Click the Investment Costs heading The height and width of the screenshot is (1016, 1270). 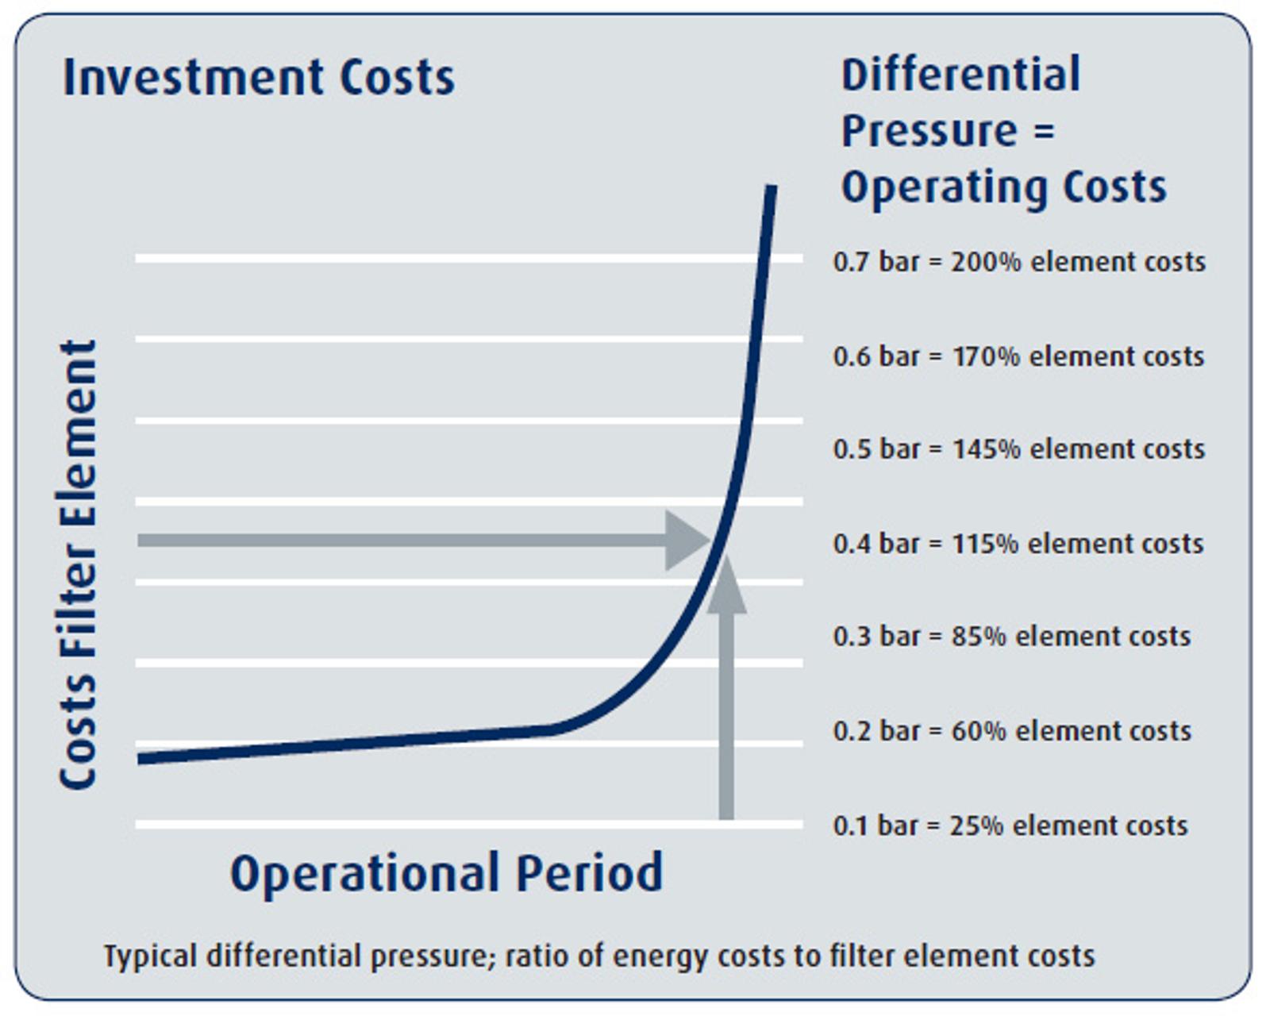[x=259, y=77]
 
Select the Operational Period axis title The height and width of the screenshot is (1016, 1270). [x=446, y=873]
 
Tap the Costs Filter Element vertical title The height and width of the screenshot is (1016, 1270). [x=78, y=564]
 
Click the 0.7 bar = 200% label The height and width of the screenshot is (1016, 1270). [x=1019, y=261]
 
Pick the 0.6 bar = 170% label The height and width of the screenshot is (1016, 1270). [x=1018, y=356]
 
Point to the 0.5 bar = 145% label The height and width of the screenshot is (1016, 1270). [x=1019, y=449]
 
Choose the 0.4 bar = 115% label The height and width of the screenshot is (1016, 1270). [x=1018, y=544]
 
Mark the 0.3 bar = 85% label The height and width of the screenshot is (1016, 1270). [x=1012, y=637]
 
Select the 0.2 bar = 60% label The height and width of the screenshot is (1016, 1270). [x=1012, y=731]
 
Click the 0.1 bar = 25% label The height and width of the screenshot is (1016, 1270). [x=1010, y=825]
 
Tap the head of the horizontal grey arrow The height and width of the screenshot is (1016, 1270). [x=687, y=541]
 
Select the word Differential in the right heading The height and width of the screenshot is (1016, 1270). [x=960, y=75]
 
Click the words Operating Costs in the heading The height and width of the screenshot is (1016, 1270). [x=1004, y=187]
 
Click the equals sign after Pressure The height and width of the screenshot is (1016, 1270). [x=1044, y=131]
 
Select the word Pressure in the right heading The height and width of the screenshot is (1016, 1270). [x=929, y=131]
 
